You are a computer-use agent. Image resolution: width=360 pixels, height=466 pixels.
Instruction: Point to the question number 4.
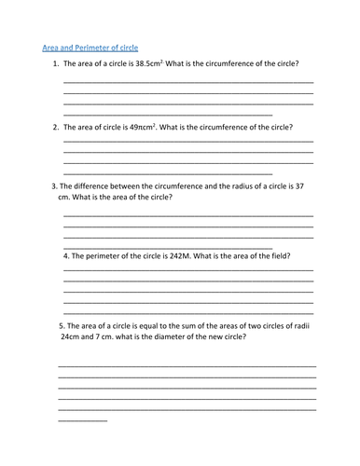point(65,254)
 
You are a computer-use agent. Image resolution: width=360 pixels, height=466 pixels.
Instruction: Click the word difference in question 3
point(94,186)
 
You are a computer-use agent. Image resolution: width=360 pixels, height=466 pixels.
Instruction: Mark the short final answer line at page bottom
point(82,420)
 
